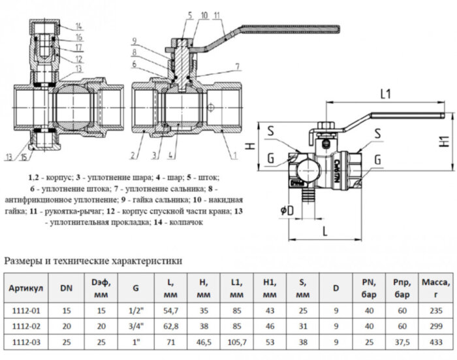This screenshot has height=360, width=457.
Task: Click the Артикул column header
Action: (26, 287)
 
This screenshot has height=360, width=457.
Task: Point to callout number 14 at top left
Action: (78, 25)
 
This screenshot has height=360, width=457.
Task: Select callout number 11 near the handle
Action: (217, 14)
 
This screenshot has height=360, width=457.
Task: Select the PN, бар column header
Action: (366, 287)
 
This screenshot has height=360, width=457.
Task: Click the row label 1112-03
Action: (26, 340)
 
